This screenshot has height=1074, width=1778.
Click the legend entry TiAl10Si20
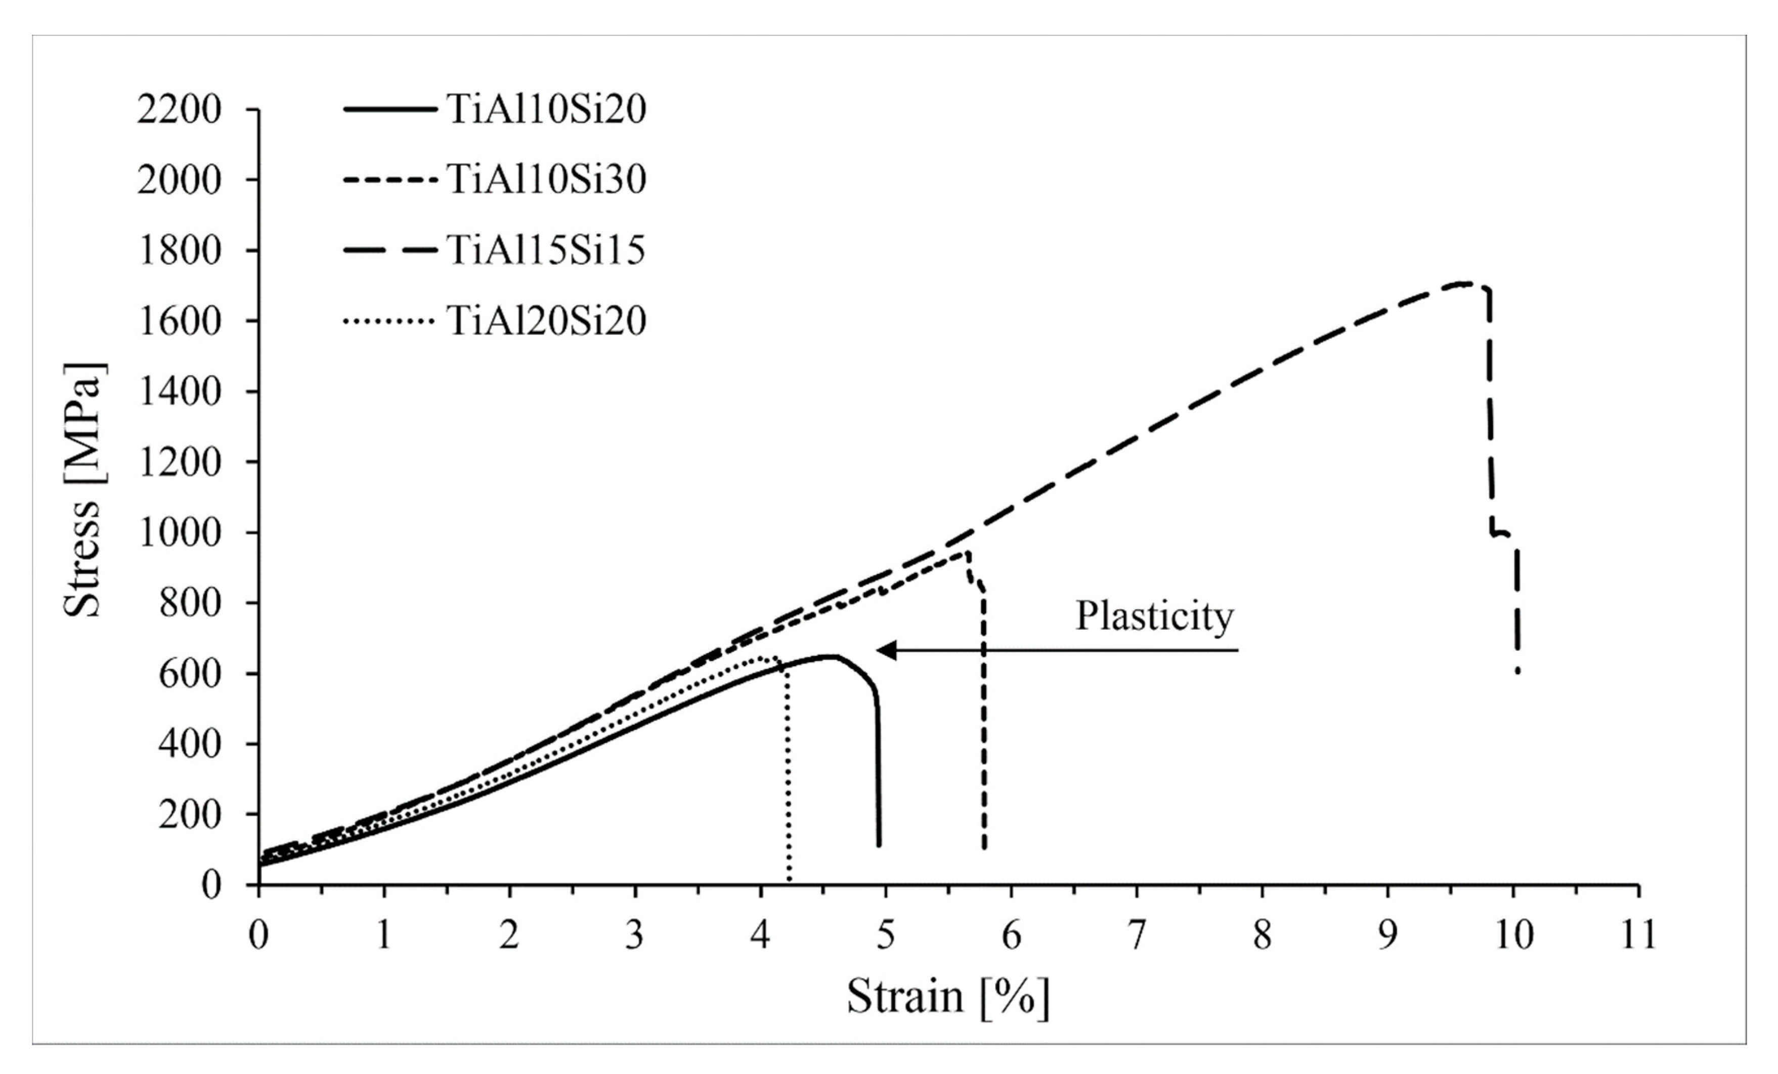tap(546, 110)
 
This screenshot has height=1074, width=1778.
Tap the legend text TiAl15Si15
tap(546, 251)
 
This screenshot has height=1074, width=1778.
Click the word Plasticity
tap(1154, 617)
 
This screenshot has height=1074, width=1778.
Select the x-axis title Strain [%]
tap(947, 998)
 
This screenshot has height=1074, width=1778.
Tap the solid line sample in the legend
tap(389, 110)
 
